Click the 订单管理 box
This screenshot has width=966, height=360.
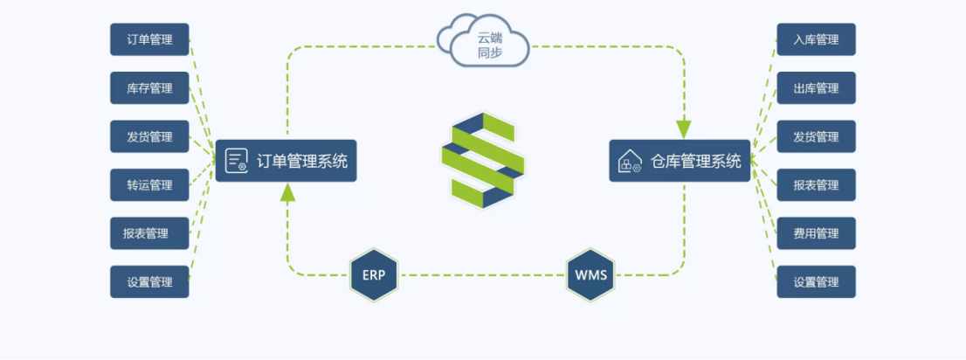(x=149, y=39)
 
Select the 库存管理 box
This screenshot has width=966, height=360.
(x=149, y=88)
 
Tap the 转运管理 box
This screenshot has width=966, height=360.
(x=149, y=185)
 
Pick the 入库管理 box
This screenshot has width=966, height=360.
(x=817, y=39)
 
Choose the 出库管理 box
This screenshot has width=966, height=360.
(x=817, y=88)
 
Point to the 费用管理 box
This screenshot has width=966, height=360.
(x=817, y=233)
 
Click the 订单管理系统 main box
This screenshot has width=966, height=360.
(x=286, y=161)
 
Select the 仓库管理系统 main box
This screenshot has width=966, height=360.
(x=680, y=161)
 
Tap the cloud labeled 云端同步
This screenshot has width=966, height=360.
(x=484, y=40)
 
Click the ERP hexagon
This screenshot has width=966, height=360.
(x=374, y=275)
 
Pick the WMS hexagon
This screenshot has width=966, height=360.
(x=590, y=275)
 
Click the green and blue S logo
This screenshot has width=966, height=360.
(x=483, y=160)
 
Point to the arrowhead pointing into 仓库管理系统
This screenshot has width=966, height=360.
(x=684, y=129)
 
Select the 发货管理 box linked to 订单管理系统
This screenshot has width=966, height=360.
(x=149, y=136)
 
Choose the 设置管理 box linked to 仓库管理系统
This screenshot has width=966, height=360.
(x=817, y=281)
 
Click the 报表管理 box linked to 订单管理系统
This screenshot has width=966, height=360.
(x=149, y=233)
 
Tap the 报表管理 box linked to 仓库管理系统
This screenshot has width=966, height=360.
(x=817, y=185)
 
